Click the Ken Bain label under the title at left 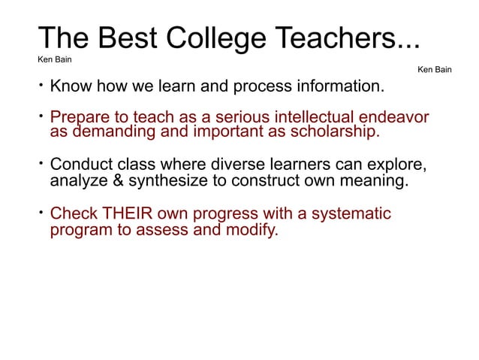pos(54,59)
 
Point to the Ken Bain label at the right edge pos(435,70)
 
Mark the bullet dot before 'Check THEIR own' pos(41,211)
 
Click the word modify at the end pos(253,229)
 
